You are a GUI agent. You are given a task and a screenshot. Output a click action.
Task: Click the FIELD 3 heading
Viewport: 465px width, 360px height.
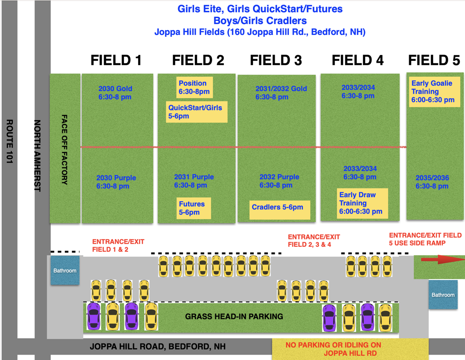tap(276, 60)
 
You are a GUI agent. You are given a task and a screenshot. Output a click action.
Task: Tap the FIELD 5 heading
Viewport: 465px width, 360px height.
tap(434, 60)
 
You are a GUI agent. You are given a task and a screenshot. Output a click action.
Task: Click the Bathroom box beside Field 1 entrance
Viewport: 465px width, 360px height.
tap(65, 270)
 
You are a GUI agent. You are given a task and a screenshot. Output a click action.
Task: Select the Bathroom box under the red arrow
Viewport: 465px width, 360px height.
tap(443, 295)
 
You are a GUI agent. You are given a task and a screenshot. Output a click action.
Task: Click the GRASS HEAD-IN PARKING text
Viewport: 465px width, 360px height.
tap(234, 316)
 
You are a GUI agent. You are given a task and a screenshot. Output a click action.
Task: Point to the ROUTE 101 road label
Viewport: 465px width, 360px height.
tap(10, 141)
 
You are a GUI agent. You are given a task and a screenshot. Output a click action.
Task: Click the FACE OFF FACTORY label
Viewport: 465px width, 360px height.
tap(64, 149)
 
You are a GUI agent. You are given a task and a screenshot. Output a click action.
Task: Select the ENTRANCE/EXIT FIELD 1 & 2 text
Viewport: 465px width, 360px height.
tap(118, 245)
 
